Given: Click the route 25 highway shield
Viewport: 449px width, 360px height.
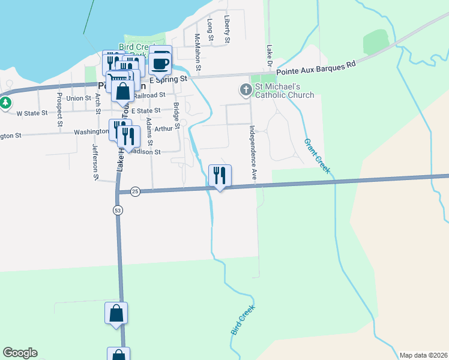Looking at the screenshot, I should (x=135, y=191).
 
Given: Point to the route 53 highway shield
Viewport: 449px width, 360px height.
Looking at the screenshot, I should (x=118, y=209).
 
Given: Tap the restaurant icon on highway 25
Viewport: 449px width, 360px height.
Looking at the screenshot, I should (x=220, y=176).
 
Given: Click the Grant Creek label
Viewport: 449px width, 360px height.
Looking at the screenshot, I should (x=317, y=157).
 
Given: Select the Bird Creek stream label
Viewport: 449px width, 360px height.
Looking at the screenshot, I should (x=243, y=320).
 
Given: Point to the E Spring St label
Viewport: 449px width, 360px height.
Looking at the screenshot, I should (x=169, y=79).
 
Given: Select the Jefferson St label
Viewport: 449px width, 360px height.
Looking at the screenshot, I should (x=95, y=161).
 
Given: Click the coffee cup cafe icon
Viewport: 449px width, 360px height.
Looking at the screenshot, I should (x=160, y=62).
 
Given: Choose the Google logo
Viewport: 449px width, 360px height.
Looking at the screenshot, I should (x=20, y=353).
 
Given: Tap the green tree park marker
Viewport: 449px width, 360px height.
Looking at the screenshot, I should (x=5, y=103).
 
